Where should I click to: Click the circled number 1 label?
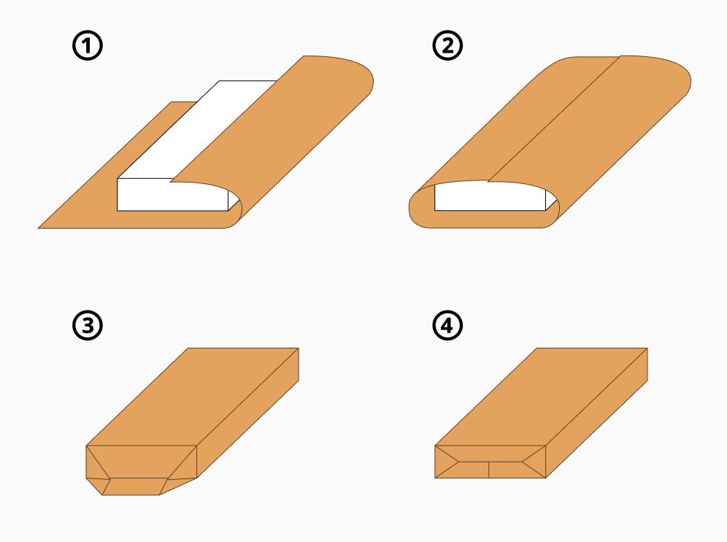click(x=88, y=45)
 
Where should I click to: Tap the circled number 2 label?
click(x=447, y=45)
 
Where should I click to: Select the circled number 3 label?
click(x=88, y=325)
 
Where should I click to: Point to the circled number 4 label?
click(x=447, y=325)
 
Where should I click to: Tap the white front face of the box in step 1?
click(x=172, y=196)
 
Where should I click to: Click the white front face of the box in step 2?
click(x=490, y=196)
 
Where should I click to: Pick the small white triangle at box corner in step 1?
click(x=234, y=200)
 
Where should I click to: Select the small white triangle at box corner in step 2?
click(x=550, y=200)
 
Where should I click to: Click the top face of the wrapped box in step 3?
click(x=193, y=397)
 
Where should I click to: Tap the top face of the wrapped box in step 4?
click(x=541, y=397)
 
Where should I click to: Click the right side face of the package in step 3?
click(x=248, y=413)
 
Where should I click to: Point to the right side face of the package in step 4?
click(x=597, y=413)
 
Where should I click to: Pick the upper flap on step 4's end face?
click(x=490, y=454)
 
